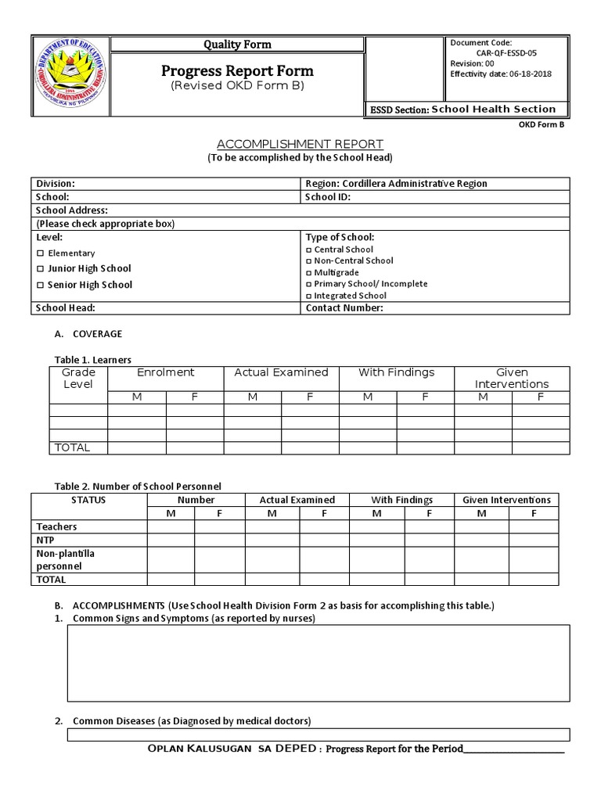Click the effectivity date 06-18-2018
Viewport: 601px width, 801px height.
(x=531, y=74)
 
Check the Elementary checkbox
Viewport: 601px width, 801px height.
(x=41, y=253)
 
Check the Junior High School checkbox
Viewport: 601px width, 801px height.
(x=41, y=269)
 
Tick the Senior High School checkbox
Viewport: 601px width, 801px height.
(x=41, y=286)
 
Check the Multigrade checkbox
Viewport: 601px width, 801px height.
(x=309, y=273)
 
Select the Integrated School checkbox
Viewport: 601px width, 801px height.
(x=309, y=296)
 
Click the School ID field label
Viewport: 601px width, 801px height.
(x=328, y=197)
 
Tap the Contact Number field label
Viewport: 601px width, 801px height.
(x=344, y=308)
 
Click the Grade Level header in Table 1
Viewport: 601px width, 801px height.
(x=78, y=378)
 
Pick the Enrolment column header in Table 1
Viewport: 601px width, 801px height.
(x=166, y=372)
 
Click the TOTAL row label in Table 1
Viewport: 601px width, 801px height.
(x=71, y=447)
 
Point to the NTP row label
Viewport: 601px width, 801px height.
(x=45, y=540)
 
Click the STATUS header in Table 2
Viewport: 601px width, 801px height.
(x=88, y=500)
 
